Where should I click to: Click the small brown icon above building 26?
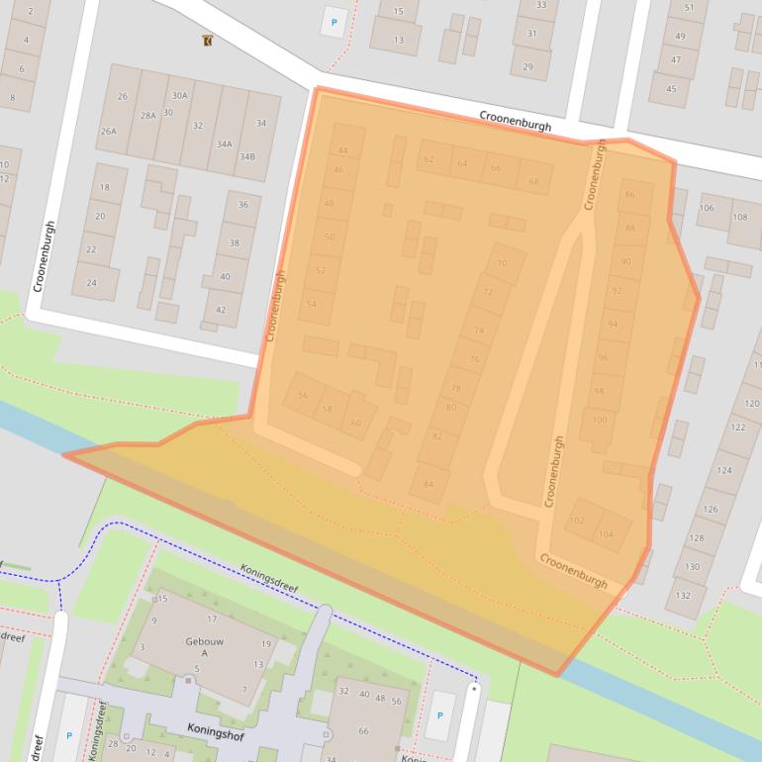tap(206, 42)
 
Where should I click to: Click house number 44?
tap(342, 150)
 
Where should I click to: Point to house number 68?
tap(534, 181)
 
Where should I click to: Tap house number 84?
tap(429, 484)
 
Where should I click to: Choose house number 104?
tap(606, 534)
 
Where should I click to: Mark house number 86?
tap(630, 195)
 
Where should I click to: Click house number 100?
tap(599, 420)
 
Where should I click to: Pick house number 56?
tap(303, 396)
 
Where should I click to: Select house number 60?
tap(356, 423)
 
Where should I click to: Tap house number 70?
tap(502, 264)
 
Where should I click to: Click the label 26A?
tap(108, 131)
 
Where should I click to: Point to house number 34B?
tap(245, 156)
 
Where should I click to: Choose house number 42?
tap(221, 310)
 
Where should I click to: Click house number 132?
tap(683, 595)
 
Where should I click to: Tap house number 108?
tap(739, 217)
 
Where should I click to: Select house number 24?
tap(92, 282)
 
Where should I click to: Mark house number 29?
tap(528, 66)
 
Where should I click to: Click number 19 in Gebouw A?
tap(266, 643)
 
